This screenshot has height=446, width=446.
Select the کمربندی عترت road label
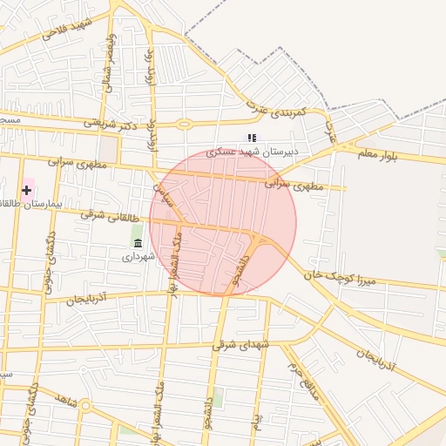[276, 111]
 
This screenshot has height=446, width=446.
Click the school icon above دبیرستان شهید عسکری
[252, 138]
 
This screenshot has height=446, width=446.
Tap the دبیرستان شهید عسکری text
[252, 152]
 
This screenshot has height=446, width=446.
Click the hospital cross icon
[27, 189]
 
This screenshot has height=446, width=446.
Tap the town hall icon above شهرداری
[138, 243]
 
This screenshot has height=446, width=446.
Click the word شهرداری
[138, 257]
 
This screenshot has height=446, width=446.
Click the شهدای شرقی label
[241, 345]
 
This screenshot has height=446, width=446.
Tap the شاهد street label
[66, 402]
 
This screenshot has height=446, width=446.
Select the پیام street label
[257, 426]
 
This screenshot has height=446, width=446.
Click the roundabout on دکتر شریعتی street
[184, 125]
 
